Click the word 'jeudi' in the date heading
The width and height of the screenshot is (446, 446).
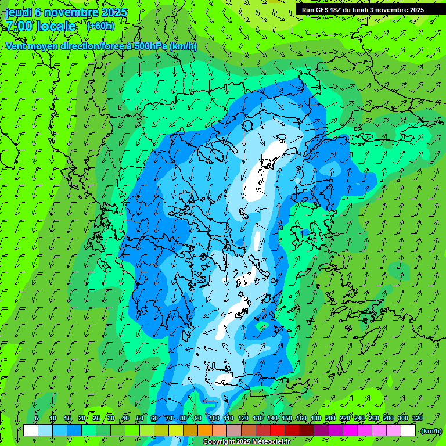[19, 12]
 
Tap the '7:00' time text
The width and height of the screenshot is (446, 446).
[19, 26]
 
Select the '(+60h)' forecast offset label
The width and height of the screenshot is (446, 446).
[100, 26]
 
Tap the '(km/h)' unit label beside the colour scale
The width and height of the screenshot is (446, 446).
[431, 431]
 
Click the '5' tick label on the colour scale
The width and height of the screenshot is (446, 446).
[37, 419]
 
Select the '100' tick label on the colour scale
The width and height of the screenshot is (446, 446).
[214, 419]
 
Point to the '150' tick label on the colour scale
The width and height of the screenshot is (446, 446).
[287, 419]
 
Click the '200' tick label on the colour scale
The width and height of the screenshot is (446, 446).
[330, 419]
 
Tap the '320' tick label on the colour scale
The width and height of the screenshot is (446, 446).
[418, 419]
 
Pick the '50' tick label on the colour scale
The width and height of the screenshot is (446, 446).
[140, 419]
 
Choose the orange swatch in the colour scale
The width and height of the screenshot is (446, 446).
[205, 430]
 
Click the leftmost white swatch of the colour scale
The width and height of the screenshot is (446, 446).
[31, 430]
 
